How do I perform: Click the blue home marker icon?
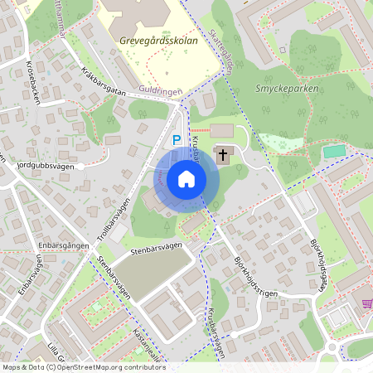tap(186, 179)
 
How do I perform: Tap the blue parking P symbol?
tap(176, 142)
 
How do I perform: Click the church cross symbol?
tap(223, 154)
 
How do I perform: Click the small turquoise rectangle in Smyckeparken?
tap(335, 151)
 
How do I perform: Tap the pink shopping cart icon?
tap(367, 303)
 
